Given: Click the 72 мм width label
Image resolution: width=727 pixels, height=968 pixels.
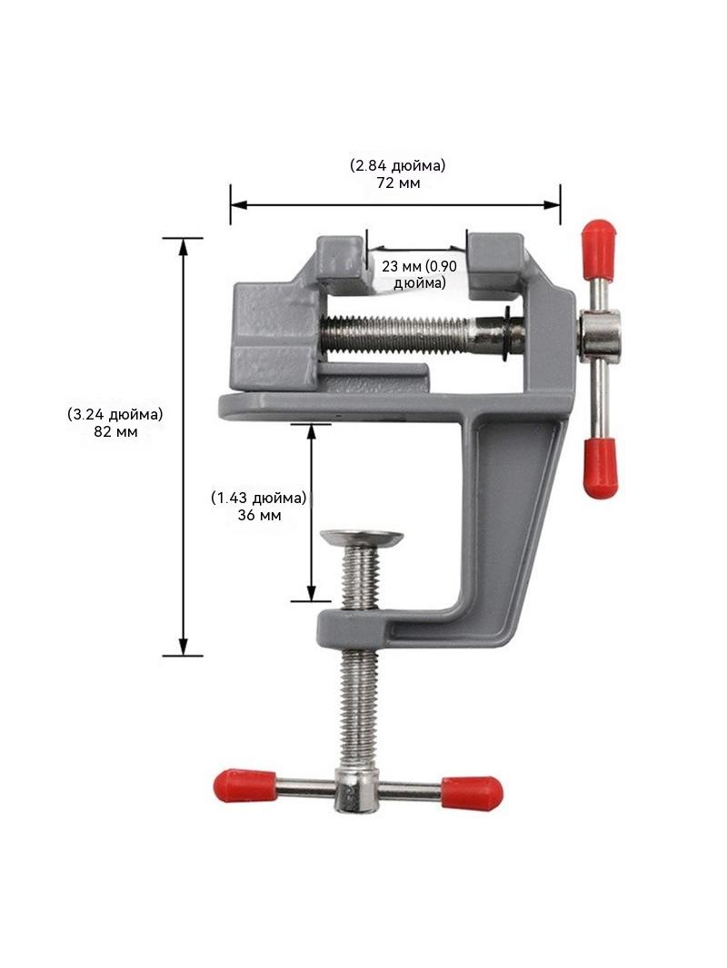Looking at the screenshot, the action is click(398, 183).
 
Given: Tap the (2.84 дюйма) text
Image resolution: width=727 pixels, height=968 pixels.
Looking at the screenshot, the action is click(398, 165).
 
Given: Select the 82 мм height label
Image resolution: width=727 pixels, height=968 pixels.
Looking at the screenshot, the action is click(115, 431).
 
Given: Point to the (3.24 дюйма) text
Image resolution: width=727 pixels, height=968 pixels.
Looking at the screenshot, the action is click(115, 414).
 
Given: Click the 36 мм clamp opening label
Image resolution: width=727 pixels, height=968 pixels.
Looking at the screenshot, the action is click(259, 515).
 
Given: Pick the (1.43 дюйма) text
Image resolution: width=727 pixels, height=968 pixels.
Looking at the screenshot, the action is click(259, 498).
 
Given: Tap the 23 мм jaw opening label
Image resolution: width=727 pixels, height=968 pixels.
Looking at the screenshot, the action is click(402, 266).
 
